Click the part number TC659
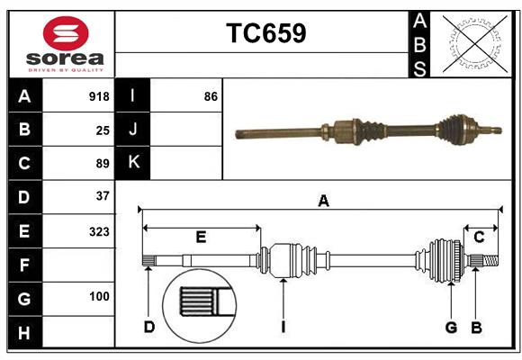click(265, 34)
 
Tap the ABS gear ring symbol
click(471, 42)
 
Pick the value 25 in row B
click(103, 130)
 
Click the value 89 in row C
click(103, 163)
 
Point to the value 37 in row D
click(103, 196)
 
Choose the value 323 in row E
click(99, 231)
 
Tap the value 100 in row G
click(99, 296)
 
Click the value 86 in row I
click(211, 96)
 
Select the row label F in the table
click(24, 265)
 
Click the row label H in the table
click(24, 333)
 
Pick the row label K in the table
click(133, 163)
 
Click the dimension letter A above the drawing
click(322, 202)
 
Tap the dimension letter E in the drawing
click(201, 237)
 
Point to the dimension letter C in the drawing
click(479, 237)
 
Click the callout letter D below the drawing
click(148, 327)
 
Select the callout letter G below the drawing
click(451, 327)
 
